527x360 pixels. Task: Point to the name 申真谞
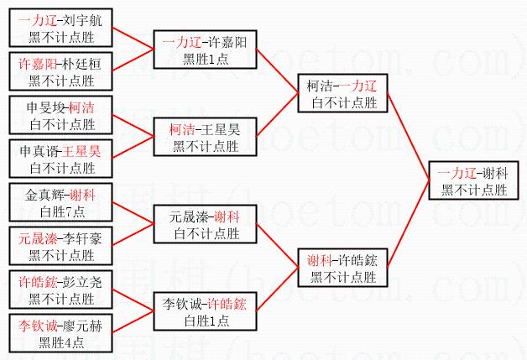40,151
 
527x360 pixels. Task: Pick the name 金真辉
40,196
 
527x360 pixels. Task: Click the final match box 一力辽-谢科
472,181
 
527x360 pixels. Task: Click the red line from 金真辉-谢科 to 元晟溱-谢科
134,213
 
